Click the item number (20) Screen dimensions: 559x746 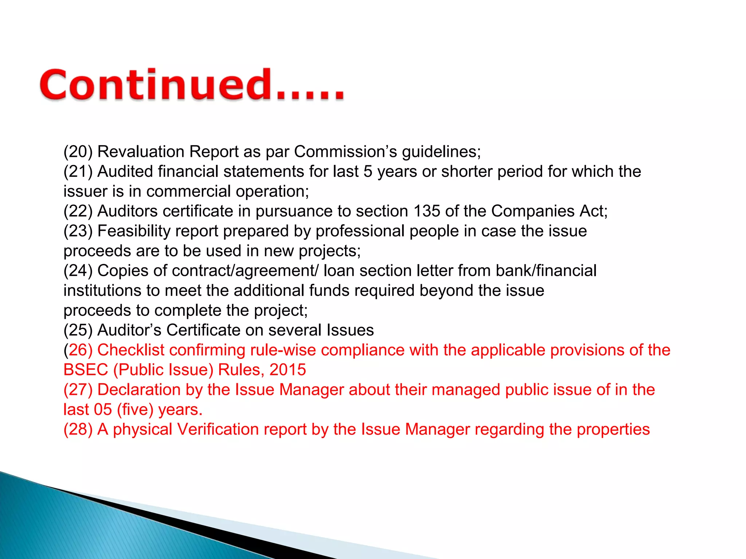tap(78, 151)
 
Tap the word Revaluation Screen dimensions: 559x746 tap(141, 151)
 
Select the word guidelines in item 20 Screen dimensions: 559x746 tap(441, 152)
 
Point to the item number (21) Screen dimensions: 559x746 tap(78, 171)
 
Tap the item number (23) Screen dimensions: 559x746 tap(78, 231)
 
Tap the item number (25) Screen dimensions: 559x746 tap(78, 330)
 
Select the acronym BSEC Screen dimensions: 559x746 tap(86, 370)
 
